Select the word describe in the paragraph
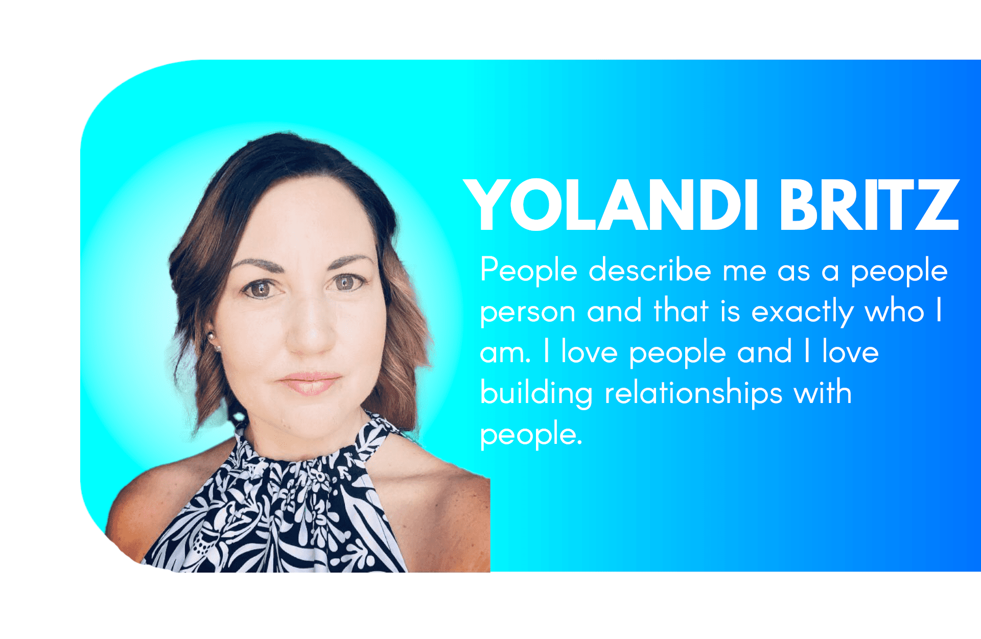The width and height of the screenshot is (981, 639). click(x=649, y=270)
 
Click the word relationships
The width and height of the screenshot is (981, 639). click(x=693, y=394)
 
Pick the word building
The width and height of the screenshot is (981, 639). click(x=536, y=394)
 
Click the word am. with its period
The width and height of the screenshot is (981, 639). click(x=505, y=353)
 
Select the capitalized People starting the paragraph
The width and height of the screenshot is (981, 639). click(x=529, y=270)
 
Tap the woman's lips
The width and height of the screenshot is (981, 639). click(x=309, y=383)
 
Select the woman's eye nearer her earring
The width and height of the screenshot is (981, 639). click(x=261, y=289)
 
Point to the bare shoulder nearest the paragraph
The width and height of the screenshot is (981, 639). click(x=439, y=490)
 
